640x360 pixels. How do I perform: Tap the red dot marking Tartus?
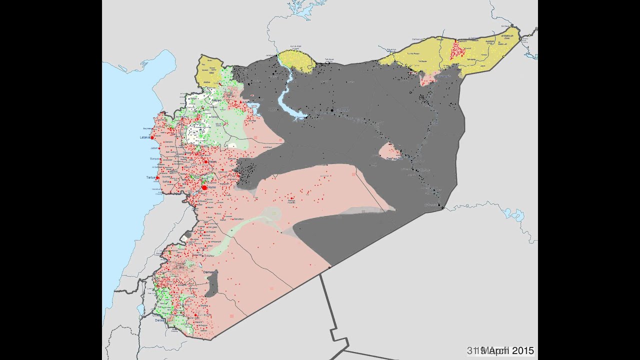click(157, 178)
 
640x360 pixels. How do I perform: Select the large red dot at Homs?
click(204, 187)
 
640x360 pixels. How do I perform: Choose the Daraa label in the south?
click(159, 320)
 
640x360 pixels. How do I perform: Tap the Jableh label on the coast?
click(153, 148)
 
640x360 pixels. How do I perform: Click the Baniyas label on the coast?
click(153, 158)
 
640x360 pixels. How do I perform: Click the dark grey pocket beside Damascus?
click(213, 285)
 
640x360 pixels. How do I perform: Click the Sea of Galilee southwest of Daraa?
click(140, 310)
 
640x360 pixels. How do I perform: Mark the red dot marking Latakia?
click(152, 137)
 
